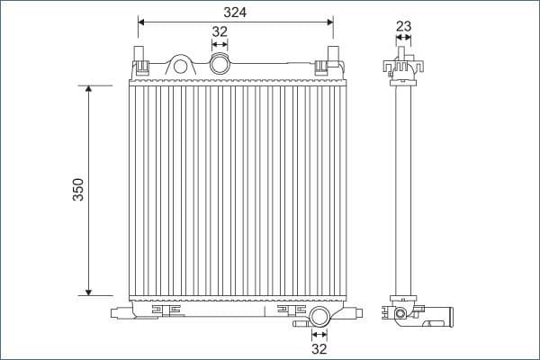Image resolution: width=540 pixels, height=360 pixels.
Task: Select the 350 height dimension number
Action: [78, 190]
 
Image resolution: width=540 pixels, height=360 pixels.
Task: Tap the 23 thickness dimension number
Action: [403, 26]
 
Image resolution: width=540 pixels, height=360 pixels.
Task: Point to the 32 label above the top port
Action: [219, 31]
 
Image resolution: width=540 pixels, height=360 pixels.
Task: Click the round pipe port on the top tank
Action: [219, 64]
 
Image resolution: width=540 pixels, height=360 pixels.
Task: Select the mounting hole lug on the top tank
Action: [181, 66]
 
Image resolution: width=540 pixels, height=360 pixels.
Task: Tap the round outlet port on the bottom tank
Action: [319, 317]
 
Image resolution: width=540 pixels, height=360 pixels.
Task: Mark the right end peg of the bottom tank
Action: [353, 312]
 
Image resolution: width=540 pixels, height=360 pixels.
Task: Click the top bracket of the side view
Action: [403, 66]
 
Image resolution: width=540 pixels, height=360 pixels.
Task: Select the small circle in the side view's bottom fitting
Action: [400, 314]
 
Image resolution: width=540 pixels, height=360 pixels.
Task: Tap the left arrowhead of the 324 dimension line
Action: [142, 20]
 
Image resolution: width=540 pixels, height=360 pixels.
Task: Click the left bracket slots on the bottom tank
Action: [166, 310]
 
